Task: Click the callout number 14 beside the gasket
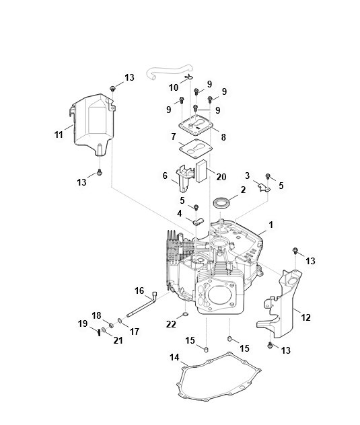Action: pos(174,358)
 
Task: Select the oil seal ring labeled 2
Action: pos(221,203)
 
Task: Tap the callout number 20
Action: pos(221,177)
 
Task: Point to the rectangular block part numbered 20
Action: pos(201,171)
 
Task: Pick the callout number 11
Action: pos(59,134)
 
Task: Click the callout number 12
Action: pos(305,317)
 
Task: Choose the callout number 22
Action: pos(171,324)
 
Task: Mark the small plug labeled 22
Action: pos(186,315)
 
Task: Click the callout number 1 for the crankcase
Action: pos(271,225)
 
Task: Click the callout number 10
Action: pos(174,87)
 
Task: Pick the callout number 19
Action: pos(83,323)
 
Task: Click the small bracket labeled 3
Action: pos(264,188)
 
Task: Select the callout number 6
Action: pos(165,176)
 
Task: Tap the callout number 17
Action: pos(135,332)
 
